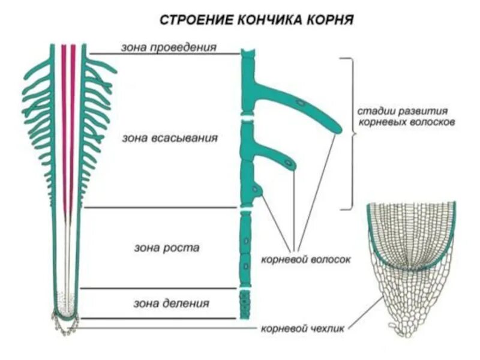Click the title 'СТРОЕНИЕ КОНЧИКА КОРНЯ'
[x=257, y=20]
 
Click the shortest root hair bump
[x=257, y=190]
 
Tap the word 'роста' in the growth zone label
[x=185, y=247]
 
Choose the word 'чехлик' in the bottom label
[x=329, y=329]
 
